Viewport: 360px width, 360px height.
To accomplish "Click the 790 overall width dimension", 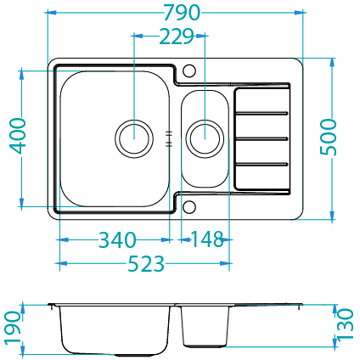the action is [x=182, y=13].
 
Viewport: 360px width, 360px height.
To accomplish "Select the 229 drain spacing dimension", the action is [x=177, y=37].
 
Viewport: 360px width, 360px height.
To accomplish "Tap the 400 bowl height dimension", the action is [x=18, y=136].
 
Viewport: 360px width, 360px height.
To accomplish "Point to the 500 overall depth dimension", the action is [x=329, y=137].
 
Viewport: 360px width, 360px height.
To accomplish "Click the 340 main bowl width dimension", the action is [x=117, y=240].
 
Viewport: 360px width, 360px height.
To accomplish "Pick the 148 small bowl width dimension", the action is [x=208, y=239].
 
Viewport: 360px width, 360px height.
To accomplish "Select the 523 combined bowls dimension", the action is [x=146, y=263].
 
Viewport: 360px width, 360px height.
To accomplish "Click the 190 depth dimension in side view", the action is [x=14, y=329].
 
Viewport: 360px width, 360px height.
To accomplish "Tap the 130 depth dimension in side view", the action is [x=346, y=324].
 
